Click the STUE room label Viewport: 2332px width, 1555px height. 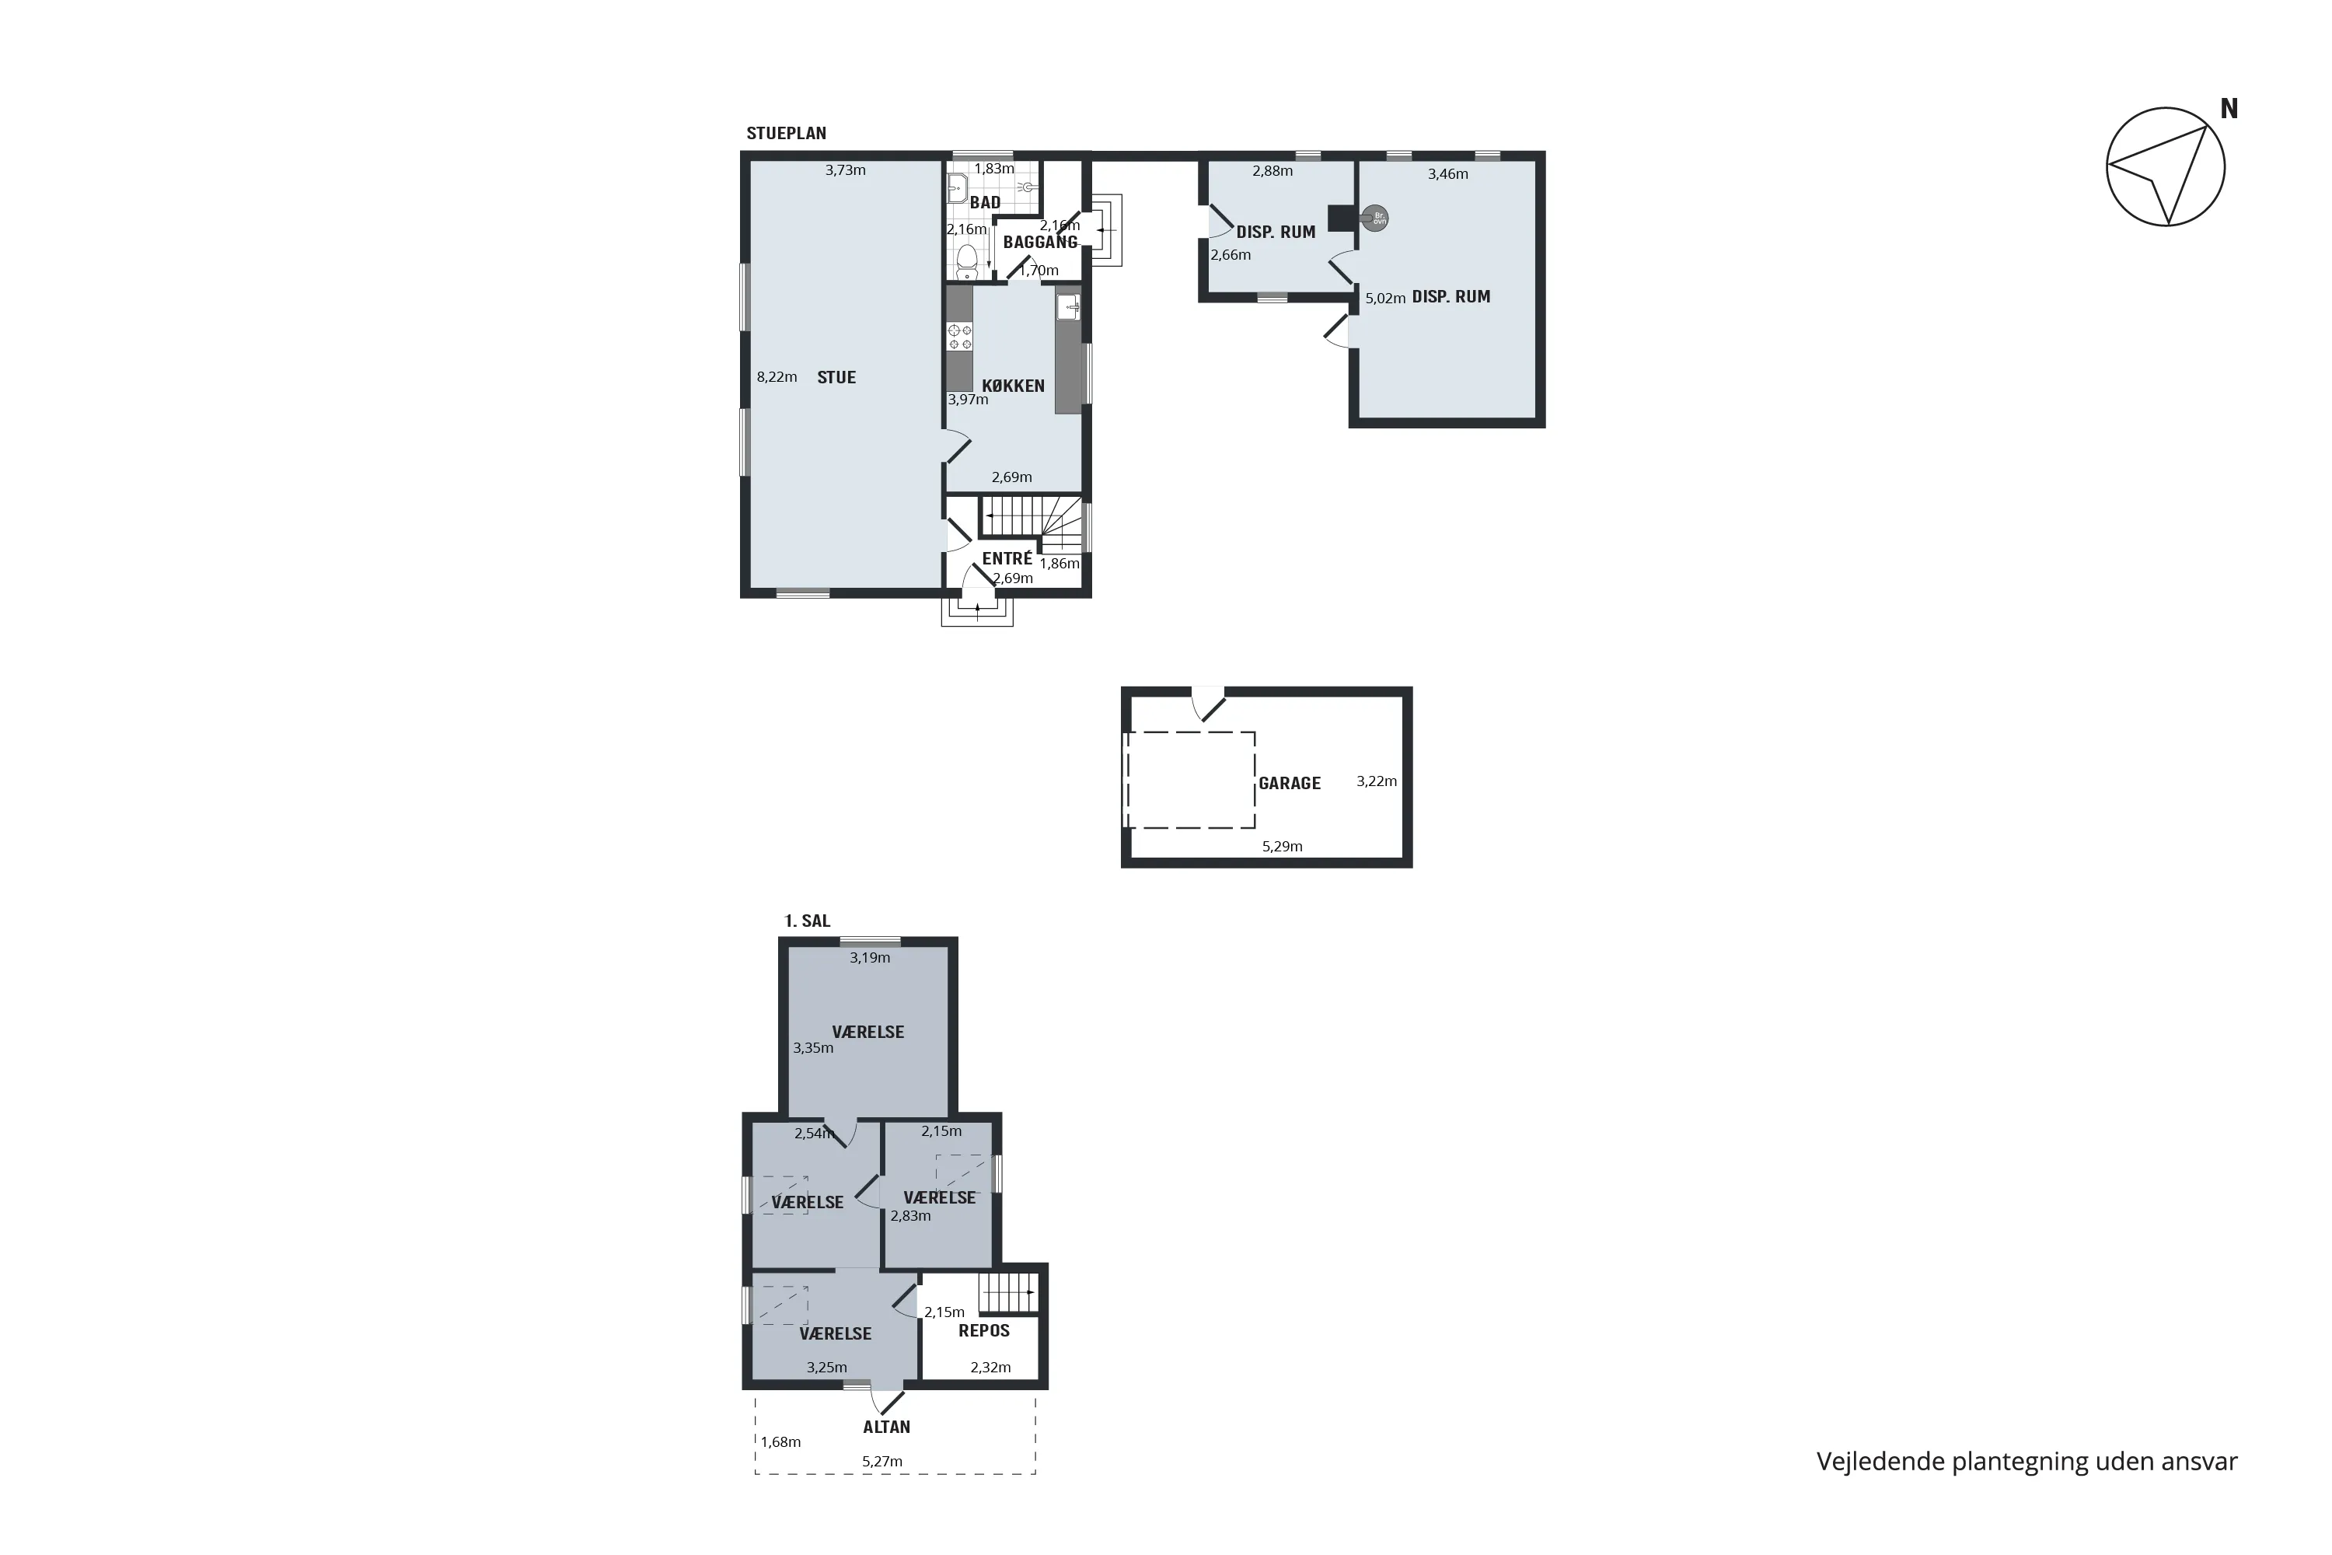point(836,377)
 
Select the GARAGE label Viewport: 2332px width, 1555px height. point(1289,784)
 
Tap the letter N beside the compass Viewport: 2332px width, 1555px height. point(2229,109)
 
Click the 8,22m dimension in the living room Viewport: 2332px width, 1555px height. point(777,377)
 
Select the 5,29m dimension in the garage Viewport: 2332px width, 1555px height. point(1282,846)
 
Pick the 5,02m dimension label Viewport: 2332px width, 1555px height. point(1385,298)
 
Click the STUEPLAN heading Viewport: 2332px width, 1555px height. point(786,133)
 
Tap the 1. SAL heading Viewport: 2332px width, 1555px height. point(807,921)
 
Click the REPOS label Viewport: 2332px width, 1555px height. point(983,1331)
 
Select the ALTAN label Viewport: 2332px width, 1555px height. point(886,1427)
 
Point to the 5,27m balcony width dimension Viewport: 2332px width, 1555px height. point(882,1461)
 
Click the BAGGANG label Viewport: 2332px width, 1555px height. point(1040,242)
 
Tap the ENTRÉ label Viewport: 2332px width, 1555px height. point(1007,558)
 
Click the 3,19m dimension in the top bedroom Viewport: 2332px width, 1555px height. point(870,958)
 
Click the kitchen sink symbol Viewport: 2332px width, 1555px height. point(1068,306)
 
